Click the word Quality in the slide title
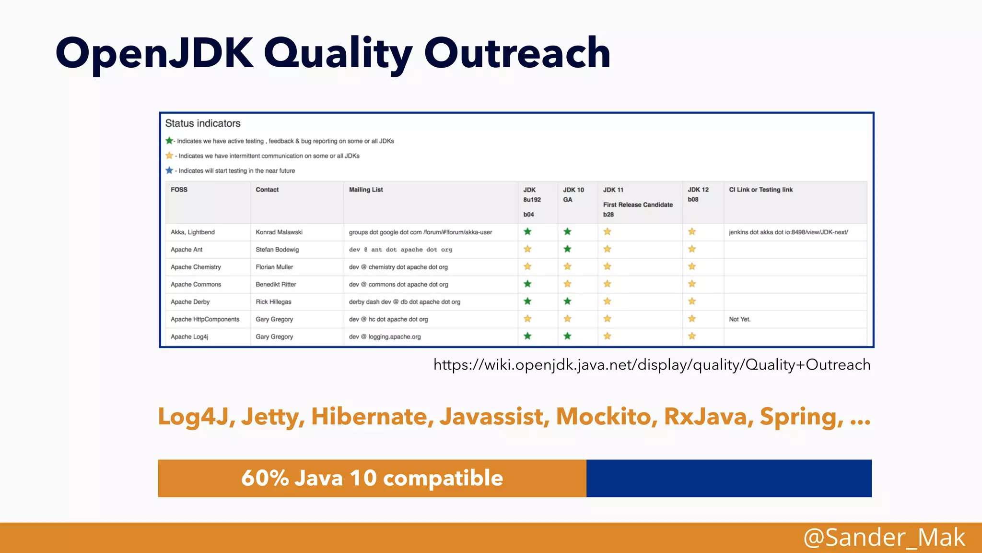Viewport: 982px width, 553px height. [338, 54]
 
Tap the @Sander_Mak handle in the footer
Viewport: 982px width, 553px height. [884, 537]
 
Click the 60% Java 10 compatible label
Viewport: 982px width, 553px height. [372, 478]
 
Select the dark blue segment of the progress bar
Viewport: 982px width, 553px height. [728, 478]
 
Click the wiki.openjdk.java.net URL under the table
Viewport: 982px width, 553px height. [652, 365]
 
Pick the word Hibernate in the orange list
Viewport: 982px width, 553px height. [372, 416]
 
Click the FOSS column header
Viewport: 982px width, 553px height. [179, 190]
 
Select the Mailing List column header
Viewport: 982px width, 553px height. [366, 190]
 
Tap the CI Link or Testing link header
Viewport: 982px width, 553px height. [760, 190]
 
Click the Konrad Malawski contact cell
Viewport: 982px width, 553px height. [279, 232]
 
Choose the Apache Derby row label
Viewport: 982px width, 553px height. [190, 302]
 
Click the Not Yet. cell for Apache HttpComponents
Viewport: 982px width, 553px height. [739, 319]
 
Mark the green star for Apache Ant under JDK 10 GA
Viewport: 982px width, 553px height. [568, 249]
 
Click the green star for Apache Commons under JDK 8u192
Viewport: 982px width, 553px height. [527, 284]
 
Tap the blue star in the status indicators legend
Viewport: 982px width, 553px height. [169, 170]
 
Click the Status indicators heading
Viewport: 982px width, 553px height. [203, 123]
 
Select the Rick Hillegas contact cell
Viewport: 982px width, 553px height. [273, 302]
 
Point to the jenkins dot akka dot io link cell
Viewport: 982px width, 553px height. [788, 232]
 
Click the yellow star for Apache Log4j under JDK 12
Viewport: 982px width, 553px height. [692, 336]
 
